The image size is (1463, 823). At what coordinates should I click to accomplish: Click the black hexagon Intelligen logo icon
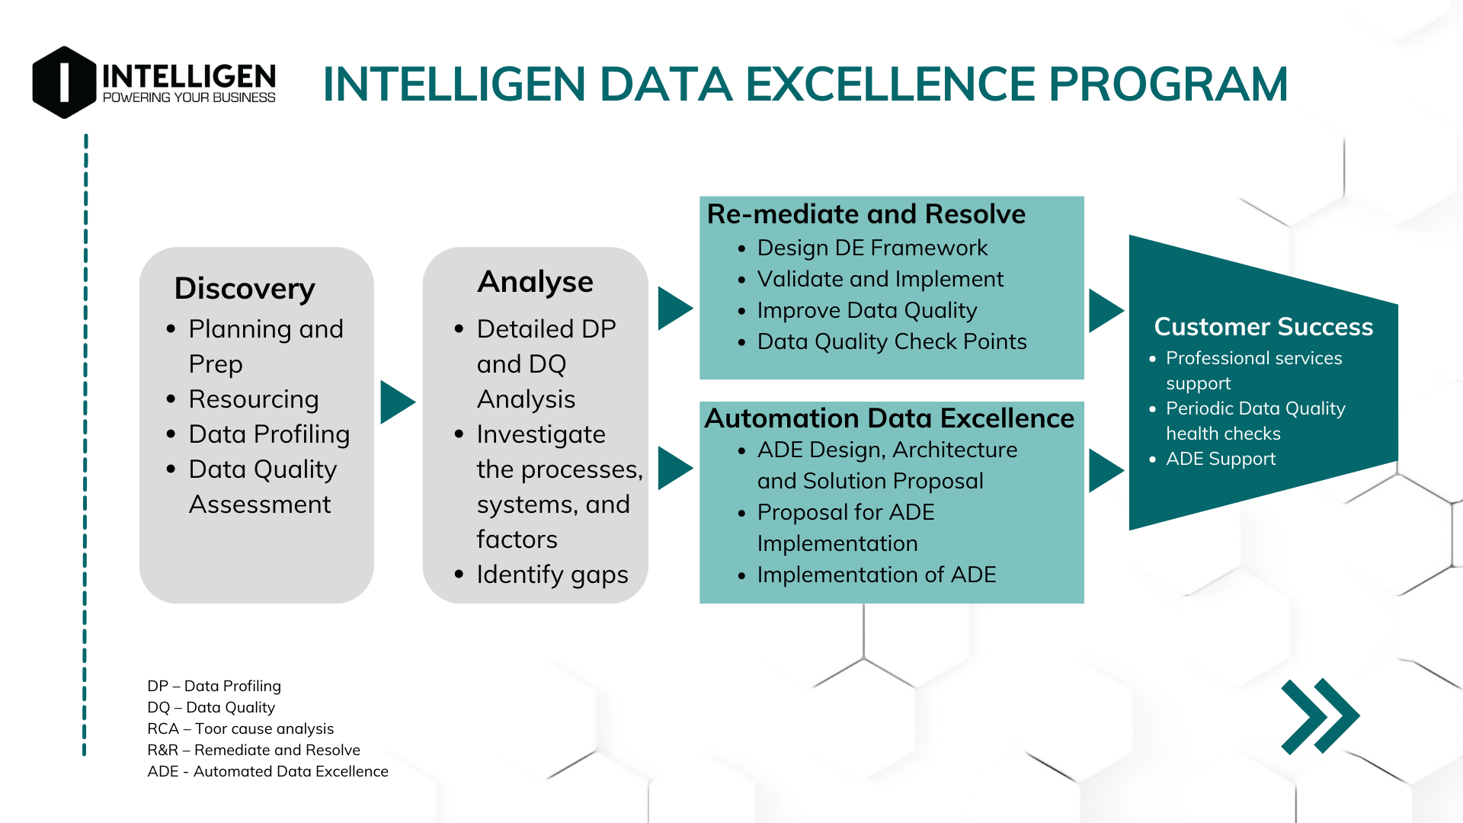pyautogui.click(x=64, y=82)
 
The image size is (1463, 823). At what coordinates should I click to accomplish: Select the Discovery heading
pyautogui.click(x=245, y=288)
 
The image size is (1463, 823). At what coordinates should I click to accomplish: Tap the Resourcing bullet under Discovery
pyautogui.click(x=254, y=399)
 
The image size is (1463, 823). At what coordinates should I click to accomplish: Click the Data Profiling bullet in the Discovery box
pyautogui.click(x=269, y=434)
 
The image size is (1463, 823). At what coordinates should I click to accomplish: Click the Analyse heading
pyautogui.click(x=535, y=281)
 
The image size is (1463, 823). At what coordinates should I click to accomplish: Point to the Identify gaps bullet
pyautogui.click(x=552, y=574)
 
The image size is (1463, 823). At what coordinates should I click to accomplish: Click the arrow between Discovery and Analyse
pyautogui.click(x=396, y=402)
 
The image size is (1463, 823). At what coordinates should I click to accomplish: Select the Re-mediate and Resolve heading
pyautogui.click(x=866, y=214)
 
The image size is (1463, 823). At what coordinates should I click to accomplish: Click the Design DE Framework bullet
pyautogui.click(x=872, y=248)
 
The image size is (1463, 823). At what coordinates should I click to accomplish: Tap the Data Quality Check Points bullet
pyautogui.click(x=892, y=341)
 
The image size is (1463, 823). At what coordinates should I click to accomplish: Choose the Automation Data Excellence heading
pyautogui.click(x=888, y=418)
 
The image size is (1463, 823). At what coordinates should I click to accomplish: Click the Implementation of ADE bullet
pyautogui.click(x=876, y=575)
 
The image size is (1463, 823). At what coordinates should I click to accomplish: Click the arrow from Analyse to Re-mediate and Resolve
pyautogui.click(x=674, y=309)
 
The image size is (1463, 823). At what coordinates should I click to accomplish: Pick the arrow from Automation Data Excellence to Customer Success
pyautogui.click(x=1105, y=470)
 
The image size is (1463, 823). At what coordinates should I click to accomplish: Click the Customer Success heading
pyautogui.click(x=1263, y=326)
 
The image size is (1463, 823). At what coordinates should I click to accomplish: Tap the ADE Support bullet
pyautogui.click(x=1220, y=459)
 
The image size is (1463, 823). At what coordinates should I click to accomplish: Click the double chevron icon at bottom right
pyautogui.click(x=1320, y=716)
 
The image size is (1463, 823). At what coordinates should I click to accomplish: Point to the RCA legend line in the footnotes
pyautogui.click(x=240, y=729)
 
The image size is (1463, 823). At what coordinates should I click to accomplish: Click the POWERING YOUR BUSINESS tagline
pyautogui.click(x=189, y=98)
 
